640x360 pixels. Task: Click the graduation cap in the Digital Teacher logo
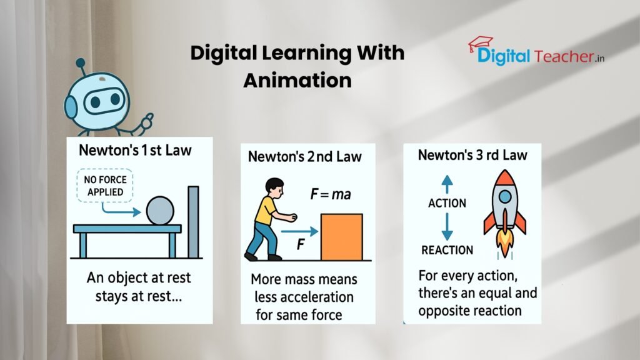pos(480,44)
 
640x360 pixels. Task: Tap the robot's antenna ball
pos(80,63)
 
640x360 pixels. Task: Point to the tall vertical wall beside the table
pos(193,222)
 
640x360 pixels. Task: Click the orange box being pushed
pos(341,237)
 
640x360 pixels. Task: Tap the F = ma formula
pos(331,195)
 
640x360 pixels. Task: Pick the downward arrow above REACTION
pos(447,226)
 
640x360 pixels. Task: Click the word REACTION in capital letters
pos(447,250)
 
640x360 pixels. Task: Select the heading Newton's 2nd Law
pos(305,156)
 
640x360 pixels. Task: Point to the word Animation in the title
pos(297,81)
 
